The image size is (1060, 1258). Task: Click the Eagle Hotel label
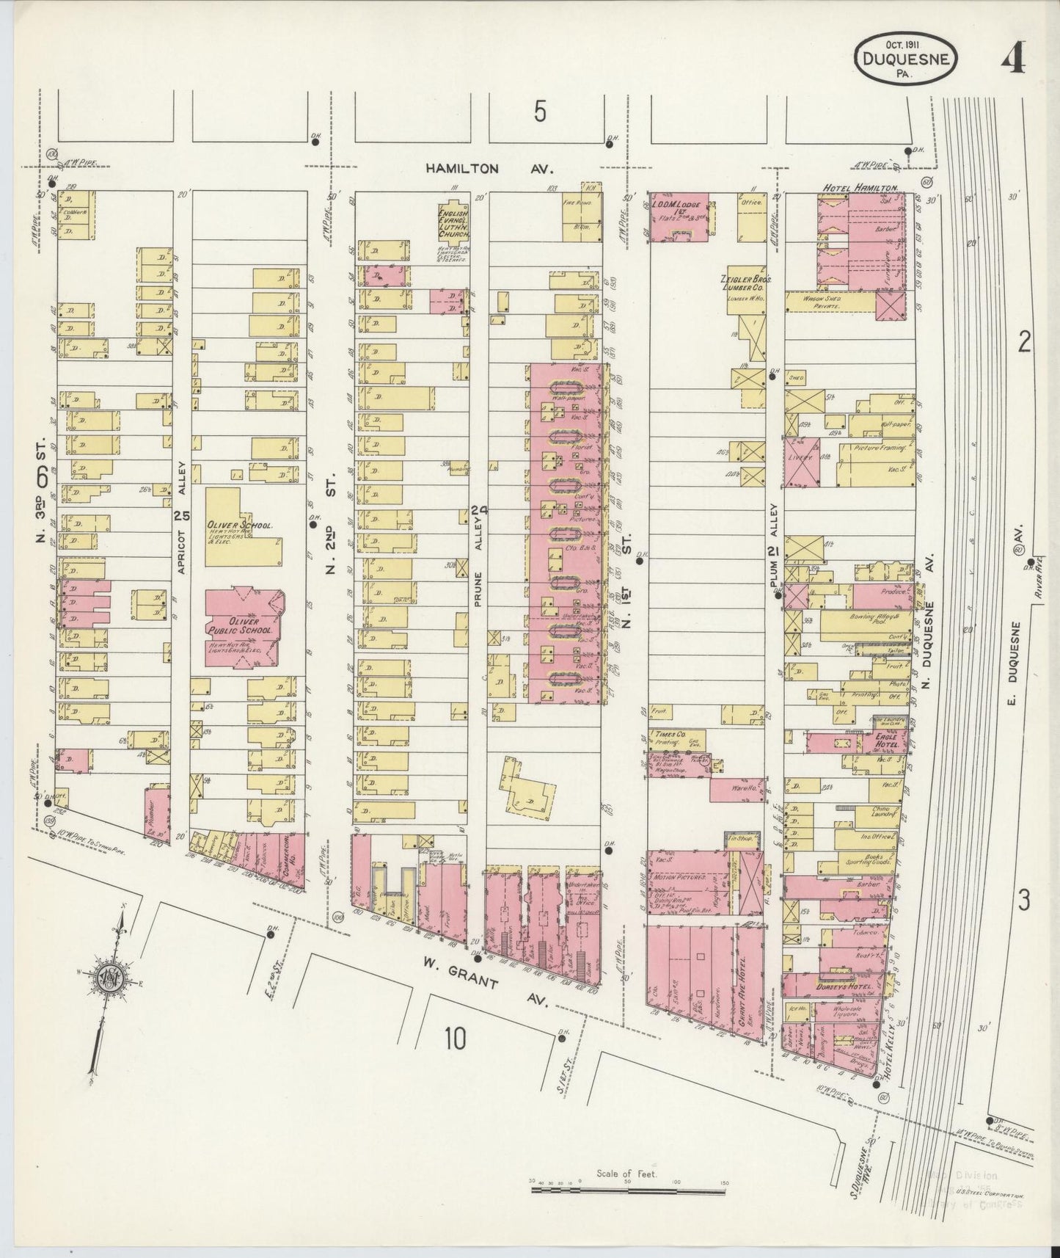click(x=885, y=744)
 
